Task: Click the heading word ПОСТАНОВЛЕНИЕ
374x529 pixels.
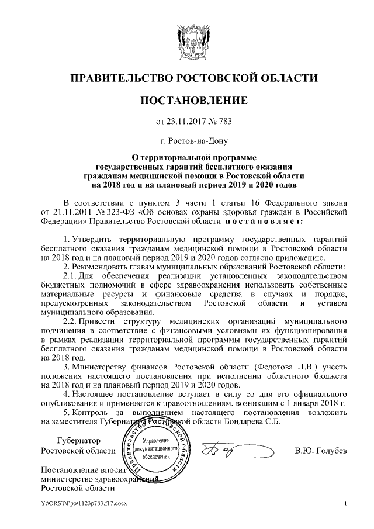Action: [x=187, y=101]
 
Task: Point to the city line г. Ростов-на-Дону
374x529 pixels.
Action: [x=187, y=141]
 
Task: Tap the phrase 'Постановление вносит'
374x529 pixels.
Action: [x=80, y=471]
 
